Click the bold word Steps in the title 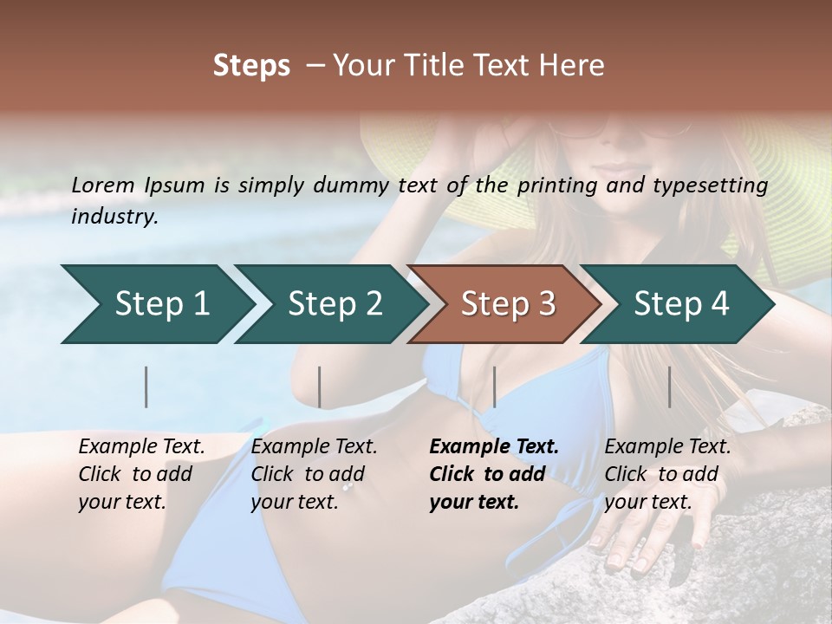click(251, 65)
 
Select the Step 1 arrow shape click(156, 304)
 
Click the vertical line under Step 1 click(146, 387)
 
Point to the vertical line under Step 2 click(320, 387)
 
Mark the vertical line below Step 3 click(494, 387)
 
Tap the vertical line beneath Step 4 click(669, 387)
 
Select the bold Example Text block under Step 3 click(494, 474)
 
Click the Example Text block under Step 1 click(141, 474)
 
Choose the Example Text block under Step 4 click(667, 474)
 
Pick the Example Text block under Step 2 click(314, 474)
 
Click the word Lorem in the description click(103, 185)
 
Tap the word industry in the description click(114, 217)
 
